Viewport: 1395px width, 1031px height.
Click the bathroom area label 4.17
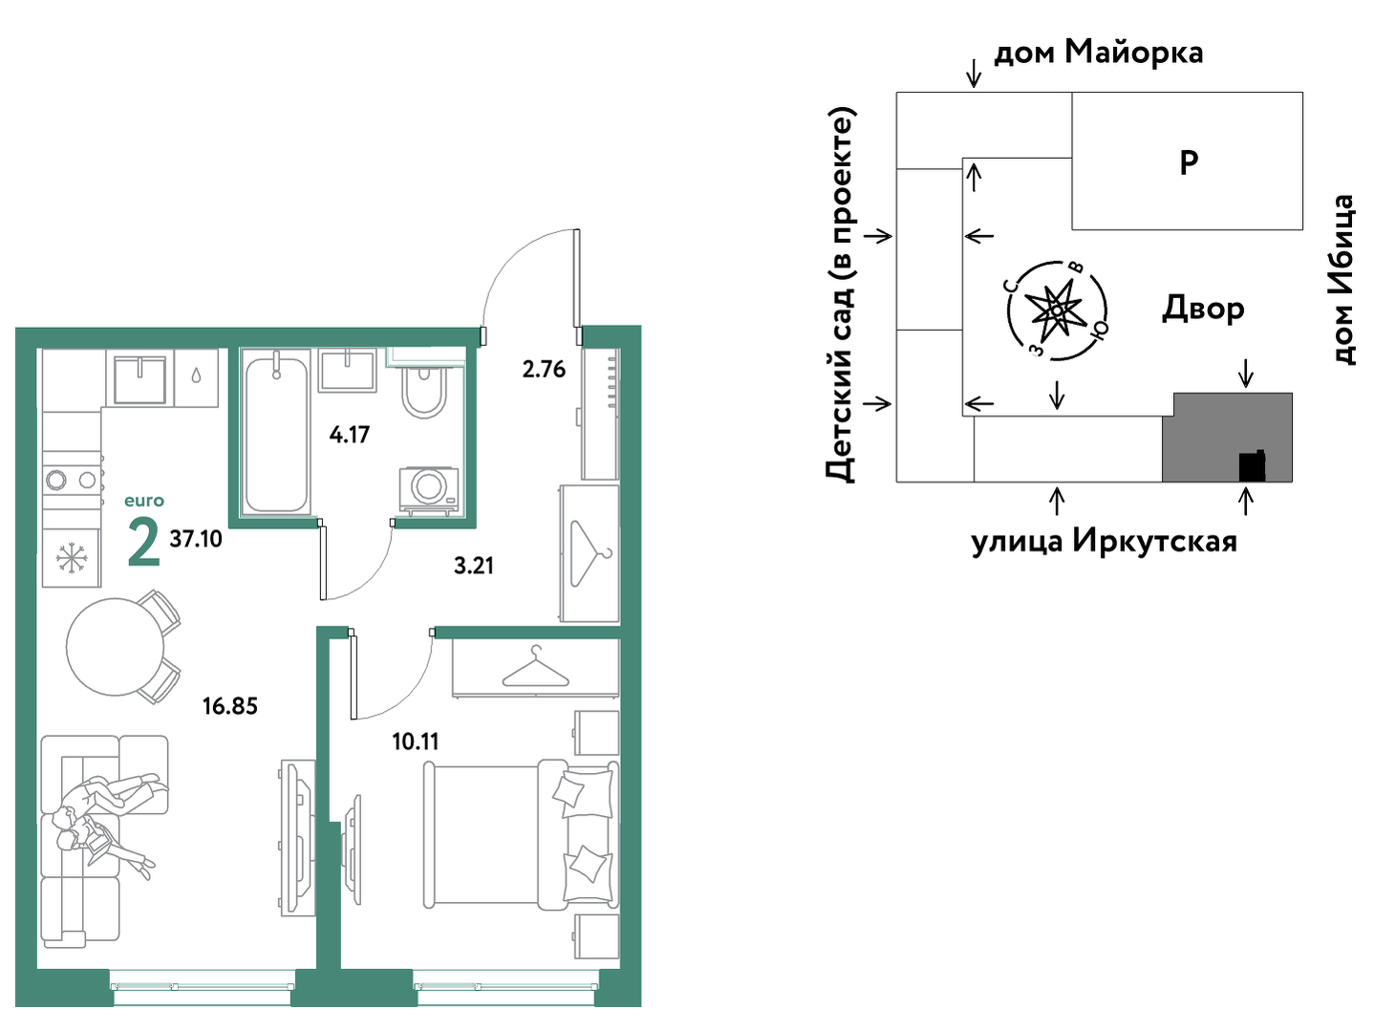click(x=349, y=434)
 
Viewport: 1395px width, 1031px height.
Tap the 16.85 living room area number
click(x=229, y=706)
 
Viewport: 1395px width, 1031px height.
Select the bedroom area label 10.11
click(x=415, y=741)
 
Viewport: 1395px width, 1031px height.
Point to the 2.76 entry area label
click(x=544, y=369)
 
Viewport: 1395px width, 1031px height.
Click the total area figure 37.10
click(x=196, y=539)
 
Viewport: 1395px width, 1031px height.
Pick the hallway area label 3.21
click(x=474, y=566)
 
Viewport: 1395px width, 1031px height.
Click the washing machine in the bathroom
click(x=429, y=487)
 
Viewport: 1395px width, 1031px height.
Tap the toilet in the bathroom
click(x=424, y=390)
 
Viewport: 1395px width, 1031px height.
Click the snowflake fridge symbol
click(x=71, y=558)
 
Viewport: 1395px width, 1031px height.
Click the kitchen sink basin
click(x=139, y=380)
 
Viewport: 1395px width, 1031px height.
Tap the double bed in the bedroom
click(x=521, y=835)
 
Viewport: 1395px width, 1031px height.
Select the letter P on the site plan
click(x=1188, y=162)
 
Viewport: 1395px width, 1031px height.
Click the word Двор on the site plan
click(x=1203, y=309)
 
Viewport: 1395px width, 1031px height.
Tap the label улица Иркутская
click(x=1104, y=541)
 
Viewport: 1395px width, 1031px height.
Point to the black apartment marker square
click(x=1252, y=466)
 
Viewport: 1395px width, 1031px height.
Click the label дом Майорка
click(x=1098, y=53)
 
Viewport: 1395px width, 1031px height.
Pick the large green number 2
click(x=143, y=545)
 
